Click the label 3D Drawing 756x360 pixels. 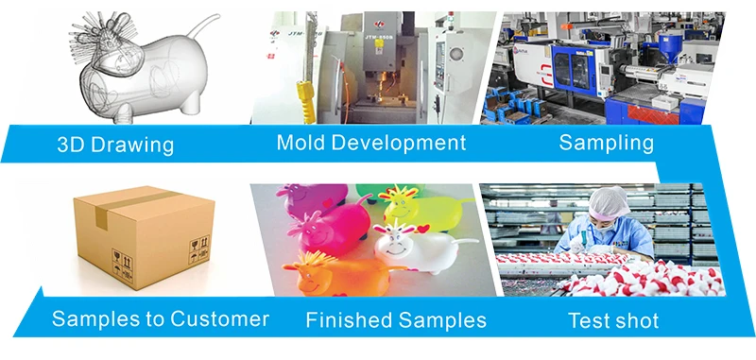[115, 145]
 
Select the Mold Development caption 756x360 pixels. [371, 143]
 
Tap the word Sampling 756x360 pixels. [606, 144]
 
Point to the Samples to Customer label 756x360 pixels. [160, 319]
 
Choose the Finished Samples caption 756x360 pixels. [396, 320]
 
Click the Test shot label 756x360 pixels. [613, 320]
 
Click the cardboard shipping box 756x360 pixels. [145, 236]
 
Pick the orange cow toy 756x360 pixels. [337, 273]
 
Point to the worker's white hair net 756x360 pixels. [608, 203]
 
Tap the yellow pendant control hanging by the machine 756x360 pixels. [305, 102]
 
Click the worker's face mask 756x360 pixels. [607, 227]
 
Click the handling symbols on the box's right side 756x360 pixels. [199, 249]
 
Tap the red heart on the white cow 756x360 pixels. [423, 229]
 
